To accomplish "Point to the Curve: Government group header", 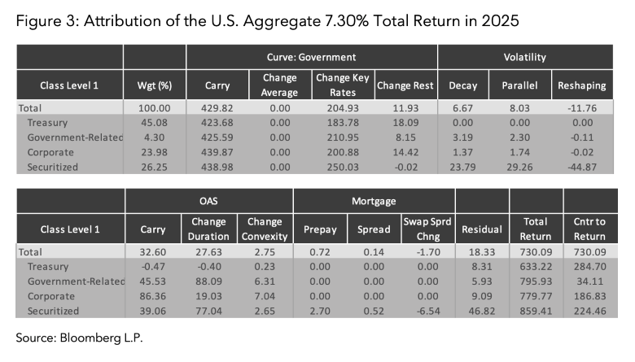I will point(312,57).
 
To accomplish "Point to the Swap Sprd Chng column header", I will point(427,228).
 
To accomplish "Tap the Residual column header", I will point(481,229).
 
